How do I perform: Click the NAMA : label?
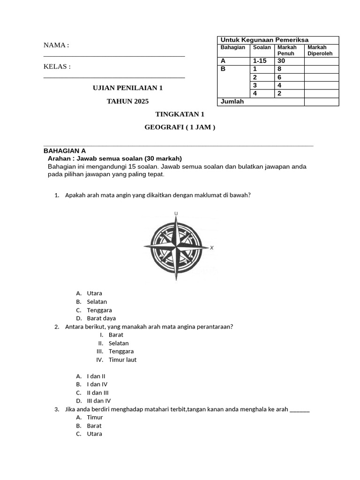(56, 45)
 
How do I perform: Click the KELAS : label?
(57, 67)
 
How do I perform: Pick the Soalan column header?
(262, 47)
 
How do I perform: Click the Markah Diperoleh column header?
(320, 50)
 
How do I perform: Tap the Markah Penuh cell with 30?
(282, 61)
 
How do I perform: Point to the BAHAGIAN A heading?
(65, 151)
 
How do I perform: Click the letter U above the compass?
(176, 214)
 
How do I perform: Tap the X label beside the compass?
(212, 247)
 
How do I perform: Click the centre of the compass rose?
(176, 247)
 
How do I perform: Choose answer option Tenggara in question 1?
(99, 310)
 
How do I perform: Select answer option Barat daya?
(101, 319)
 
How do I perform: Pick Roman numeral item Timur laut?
(123, 360)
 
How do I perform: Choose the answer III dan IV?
(99, 401)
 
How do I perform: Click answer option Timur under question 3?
(95, 417)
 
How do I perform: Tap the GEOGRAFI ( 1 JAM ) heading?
(180, 127)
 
